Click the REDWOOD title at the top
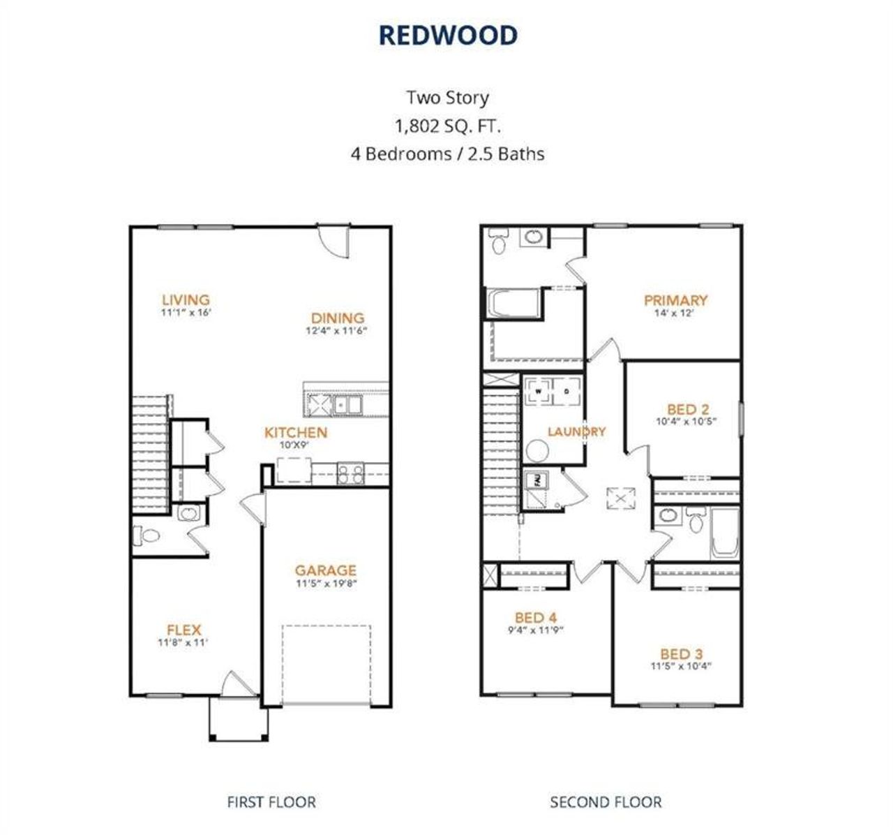point(447,36)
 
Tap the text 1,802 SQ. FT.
point(447,126)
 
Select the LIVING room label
point(186,300)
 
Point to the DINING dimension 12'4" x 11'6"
point(337,330)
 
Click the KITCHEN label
point(295,433)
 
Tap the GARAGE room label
point(325,570)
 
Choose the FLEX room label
point(183,630)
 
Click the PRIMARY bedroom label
point(675,300)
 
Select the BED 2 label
point(686,410)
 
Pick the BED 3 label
point(681,654)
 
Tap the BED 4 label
point(535,617)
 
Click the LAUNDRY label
point(576,431)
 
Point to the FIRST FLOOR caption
point(271,802)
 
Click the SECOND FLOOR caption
point(606,802)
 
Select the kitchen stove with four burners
point(350,474)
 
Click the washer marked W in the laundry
point(538,392)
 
